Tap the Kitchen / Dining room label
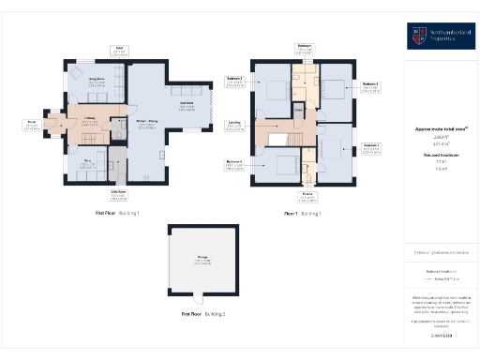[x=147, y=124]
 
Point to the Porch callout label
[x=31, y=123]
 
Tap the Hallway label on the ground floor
[x=90, y=118]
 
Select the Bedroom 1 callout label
[x=372, y=147]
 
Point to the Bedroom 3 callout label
[x=234, y=79]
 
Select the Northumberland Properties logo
[x=441, y=36]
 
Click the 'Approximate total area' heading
[x=441, y=128]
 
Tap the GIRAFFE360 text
[x=441, y=335]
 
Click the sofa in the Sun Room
[x=183, y=91]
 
